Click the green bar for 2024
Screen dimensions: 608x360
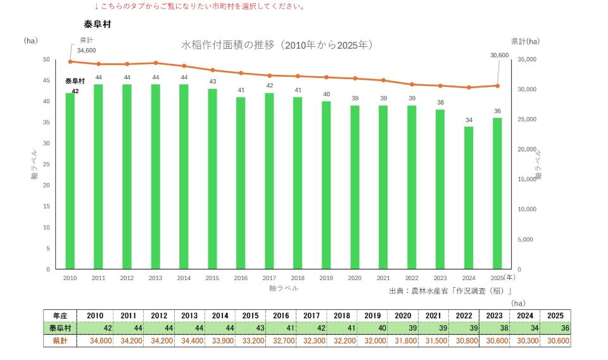pyautogui.click(x=469, y=198)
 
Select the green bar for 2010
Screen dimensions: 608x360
pyautogui.click(x=70, y=181)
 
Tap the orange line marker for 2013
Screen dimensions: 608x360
pyautogui.click(x=156, y=63)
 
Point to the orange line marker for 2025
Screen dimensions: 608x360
pyautogui.click(x=498, y=86)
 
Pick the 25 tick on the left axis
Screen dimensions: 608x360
pyautogui.click(x=46, y=165)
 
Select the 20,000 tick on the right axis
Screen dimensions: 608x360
pyautogui.click(x=527, y=150)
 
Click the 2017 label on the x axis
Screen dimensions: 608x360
pyautogui.click(x=269, y=278)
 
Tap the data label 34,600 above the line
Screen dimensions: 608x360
pyautogui.click(x=86, y=51)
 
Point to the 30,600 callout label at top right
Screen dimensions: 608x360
pyautogui.click(x=500, y=56)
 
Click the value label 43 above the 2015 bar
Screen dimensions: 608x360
pyautogui.click(x=213, y=82)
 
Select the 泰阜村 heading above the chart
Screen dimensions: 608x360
pyautogui.click(x=98, y=24)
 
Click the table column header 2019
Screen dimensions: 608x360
pyautogui.click(x=372, y=316)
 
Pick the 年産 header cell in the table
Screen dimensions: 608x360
pyautogui.click(x=60, y=316)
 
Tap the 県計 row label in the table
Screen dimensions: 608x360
pyautogui.click(x=60, y=340)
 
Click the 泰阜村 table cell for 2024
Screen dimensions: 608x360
pyautogui.click(x=524, y=328)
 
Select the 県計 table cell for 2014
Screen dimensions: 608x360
pyautogui.click(x=220, y=340)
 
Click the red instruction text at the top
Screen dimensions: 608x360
pyautogui.click(x=200, y=6)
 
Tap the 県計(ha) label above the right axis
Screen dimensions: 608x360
pyautogui.click(x=525, y=41)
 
